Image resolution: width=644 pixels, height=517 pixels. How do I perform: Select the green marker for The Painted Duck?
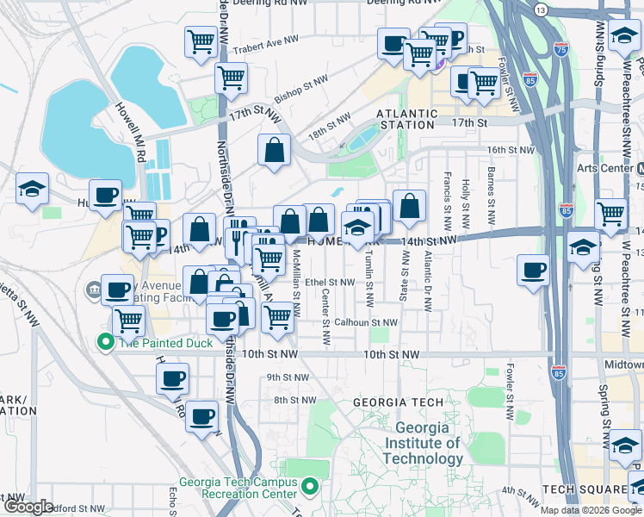(x=106, y=342)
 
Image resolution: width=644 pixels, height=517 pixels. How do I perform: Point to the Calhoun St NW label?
(x=366, y=323)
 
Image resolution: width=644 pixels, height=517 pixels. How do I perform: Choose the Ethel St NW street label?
(x=329, y=282)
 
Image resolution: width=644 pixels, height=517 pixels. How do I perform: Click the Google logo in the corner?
(x=29, y=508)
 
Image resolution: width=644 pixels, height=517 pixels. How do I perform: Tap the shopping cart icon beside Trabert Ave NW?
(x=200, y=40)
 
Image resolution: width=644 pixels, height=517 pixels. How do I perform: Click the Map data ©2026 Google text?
(x=591, y=510)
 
